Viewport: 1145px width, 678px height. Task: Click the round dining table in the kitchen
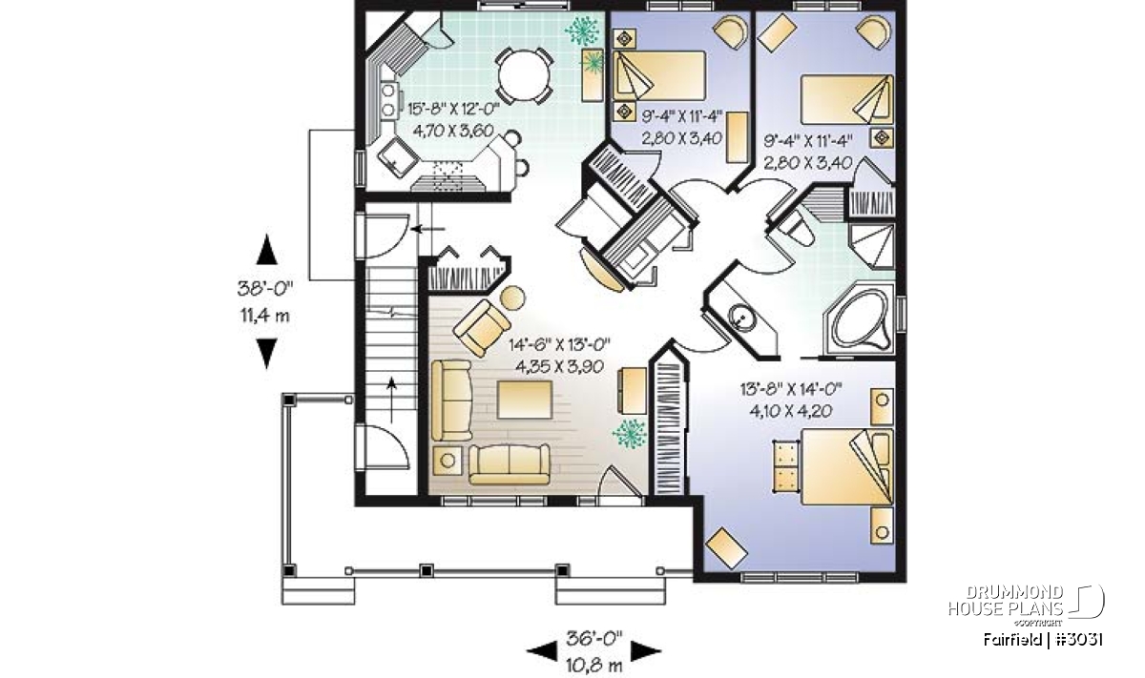524,76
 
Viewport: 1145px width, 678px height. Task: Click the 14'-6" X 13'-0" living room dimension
559,345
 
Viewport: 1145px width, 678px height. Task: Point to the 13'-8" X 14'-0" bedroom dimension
791,389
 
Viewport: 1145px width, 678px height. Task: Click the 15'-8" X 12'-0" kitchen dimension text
453,109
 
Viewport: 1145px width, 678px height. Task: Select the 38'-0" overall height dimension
265,289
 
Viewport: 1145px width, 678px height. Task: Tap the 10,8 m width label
593,665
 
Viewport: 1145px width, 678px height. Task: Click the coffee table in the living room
525,401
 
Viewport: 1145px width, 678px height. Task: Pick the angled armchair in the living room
482,328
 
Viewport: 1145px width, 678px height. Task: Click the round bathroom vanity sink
741,317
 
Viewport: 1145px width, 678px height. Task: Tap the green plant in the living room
630,433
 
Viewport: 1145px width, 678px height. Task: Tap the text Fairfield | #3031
1043,640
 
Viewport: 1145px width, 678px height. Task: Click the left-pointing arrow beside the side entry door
427,229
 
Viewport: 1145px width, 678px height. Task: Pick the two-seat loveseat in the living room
510,464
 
